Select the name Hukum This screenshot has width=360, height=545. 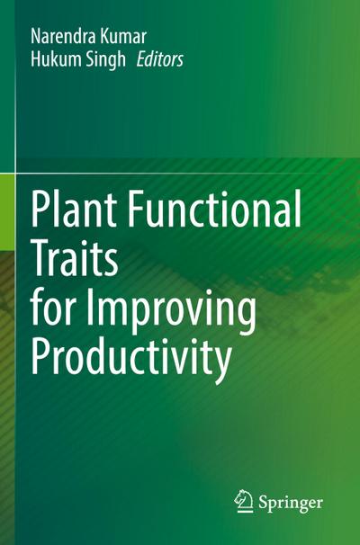(x=54, y=62)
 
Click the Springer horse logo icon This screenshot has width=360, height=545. (x=243, y=500)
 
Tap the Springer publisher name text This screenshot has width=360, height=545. (x=291, y=502)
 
